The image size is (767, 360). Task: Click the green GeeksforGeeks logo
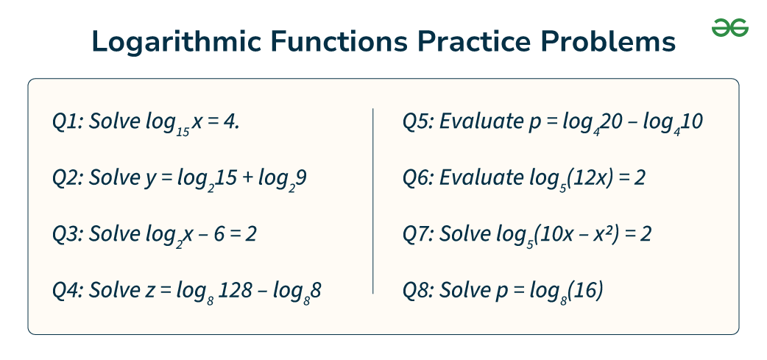pyautogui.click(x=729, y=28)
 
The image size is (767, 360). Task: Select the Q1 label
pyautogui.click(x=67, y=122)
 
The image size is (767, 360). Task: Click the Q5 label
pyautogui.click(x=418, y=122)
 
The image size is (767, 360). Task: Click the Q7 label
pyautogui.click(x=418, y=235)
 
